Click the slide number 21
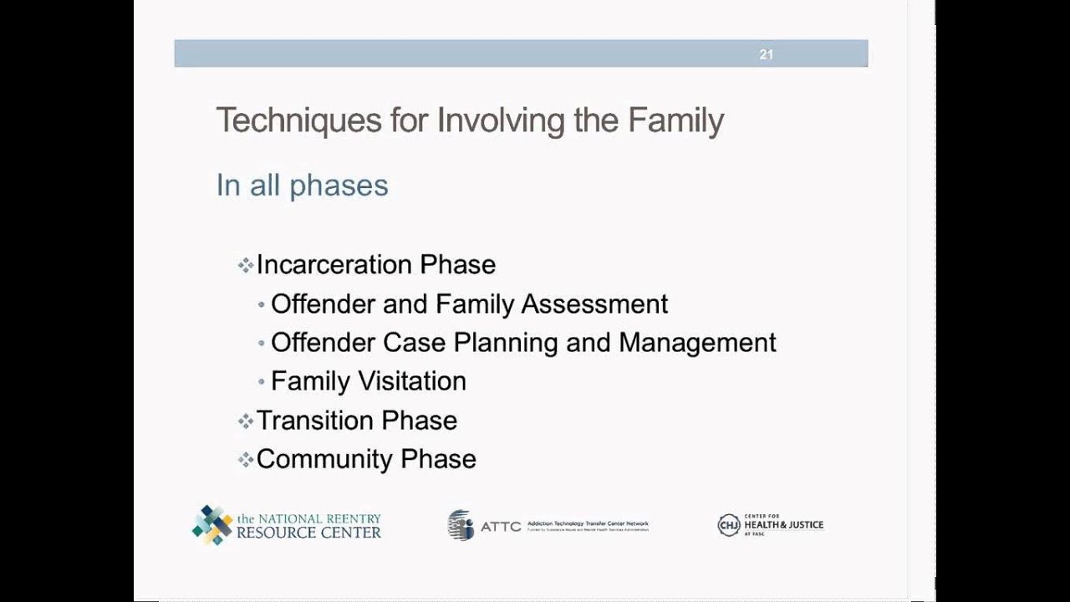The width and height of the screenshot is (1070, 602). [x=766, y=54]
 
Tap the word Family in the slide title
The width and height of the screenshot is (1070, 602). [x=675, y=120]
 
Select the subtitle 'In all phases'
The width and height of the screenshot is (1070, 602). [x=302, y=185]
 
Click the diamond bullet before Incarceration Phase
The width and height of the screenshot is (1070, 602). [x=245, y=266]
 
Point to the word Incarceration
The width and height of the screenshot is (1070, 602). [x=334, y=265]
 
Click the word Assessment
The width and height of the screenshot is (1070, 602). [x=594, y=304]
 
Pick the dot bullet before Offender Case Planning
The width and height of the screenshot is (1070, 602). [x=262, y=344]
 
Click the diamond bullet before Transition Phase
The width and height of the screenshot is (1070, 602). [x=245, y=421]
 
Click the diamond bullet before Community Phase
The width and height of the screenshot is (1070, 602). [x=245, y=460]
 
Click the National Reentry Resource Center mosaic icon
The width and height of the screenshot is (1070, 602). [x=212, y=525]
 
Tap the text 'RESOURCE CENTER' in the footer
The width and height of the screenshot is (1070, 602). [x=308, y=533]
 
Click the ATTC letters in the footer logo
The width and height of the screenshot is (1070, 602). [x=500, y=527]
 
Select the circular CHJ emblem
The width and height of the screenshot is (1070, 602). [x=728, y=525]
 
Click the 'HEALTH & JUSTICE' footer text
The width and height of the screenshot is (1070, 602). [x=783, y=525]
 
